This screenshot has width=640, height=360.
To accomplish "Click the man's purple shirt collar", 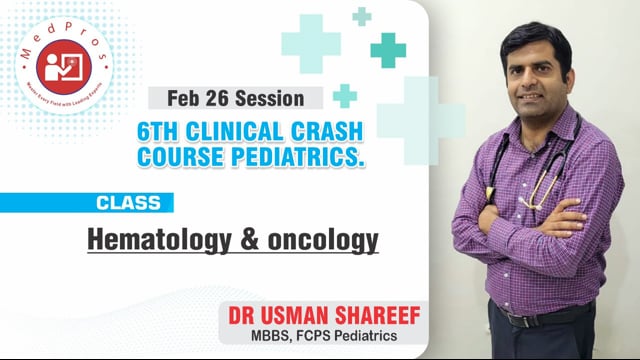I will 535,118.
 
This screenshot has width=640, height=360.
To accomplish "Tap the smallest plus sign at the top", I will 361,16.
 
